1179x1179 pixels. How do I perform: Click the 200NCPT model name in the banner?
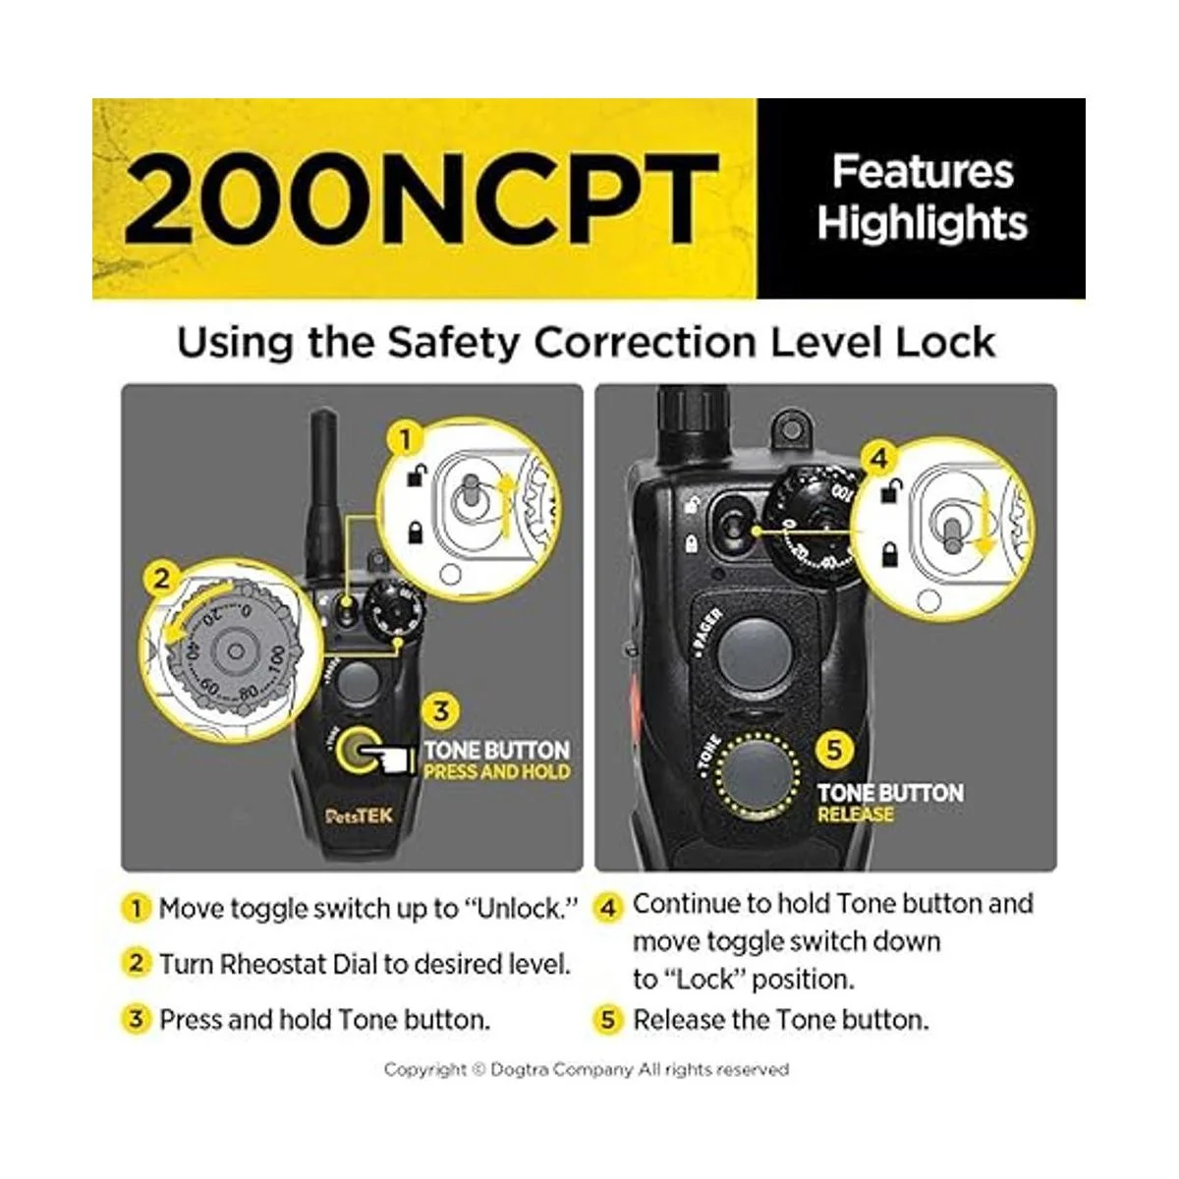coord(421,198)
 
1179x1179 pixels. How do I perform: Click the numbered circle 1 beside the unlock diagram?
coord(406,439)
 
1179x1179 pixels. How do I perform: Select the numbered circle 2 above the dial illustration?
coord(161,578)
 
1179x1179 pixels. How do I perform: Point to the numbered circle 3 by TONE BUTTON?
coord(440,711)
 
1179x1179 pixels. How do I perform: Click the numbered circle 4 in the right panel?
coord(878,458)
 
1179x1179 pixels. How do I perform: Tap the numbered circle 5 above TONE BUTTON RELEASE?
coord(835,749)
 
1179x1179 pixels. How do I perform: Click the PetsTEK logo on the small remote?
coord(360,815)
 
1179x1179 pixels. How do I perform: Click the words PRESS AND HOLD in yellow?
coord(497,772)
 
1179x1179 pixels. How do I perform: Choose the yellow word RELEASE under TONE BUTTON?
coord(856,814)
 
